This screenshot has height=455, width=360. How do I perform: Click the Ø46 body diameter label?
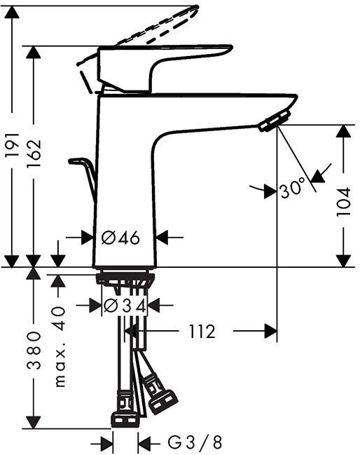point(120,238)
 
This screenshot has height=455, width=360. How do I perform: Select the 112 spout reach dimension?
point(202,330)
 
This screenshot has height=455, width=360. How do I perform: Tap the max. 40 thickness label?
point(60,346)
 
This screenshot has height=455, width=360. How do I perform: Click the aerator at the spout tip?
point(275,121)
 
